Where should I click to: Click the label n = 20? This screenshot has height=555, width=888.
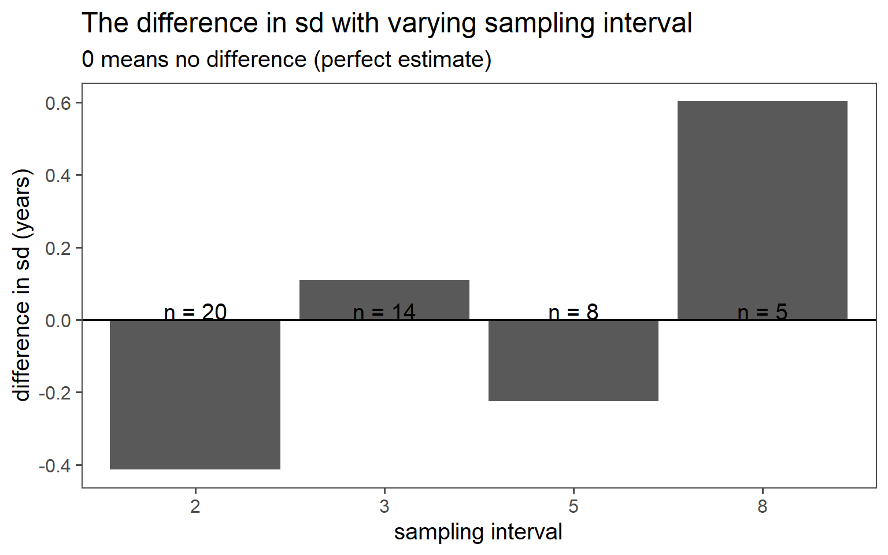(x=195, y=312)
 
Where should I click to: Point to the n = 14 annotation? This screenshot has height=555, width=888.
(x=384, y=312)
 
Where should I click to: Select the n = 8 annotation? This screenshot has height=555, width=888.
(x=573, y=312)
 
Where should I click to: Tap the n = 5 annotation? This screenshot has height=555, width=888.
(x=763, y=312)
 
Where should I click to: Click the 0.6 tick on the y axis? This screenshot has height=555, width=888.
(x=58, y=103)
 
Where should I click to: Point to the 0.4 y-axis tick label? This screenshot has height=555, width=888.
(x=58, y=175)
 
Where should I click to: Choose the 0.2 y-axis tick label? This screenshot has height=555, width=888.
(x=58, y=248)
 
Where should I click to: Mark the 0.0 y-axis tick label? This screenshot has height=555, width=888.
(x=58, y=320)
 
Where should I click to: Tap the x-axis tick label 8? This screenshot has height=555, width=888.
(x=763, y=507)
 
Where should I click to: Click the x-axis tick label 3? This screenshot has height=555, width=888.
(x=384, y=507)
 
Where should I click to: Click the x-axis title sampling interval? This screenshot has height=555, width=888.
(x=478, y=532)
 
